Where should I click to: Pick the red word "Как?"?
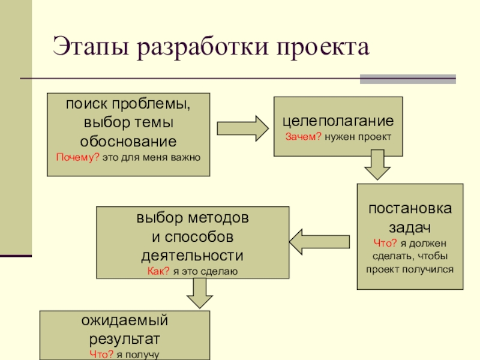(158, 271)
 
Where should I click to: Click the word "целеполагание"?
(338, 121)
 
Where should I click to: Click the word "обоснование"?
(128, 142)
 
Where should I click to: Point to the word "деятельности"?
(192, 254)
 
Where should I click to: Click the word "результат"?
(125, 337)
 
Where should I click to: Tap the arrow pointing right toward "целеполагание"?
(242, 128)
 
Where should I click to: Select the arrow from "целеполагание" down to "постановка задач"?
(378, 164)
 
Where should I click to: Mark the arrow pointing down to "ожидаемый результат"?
(199, 293)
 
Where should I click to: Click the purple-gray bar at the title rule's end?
(407, 79)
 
